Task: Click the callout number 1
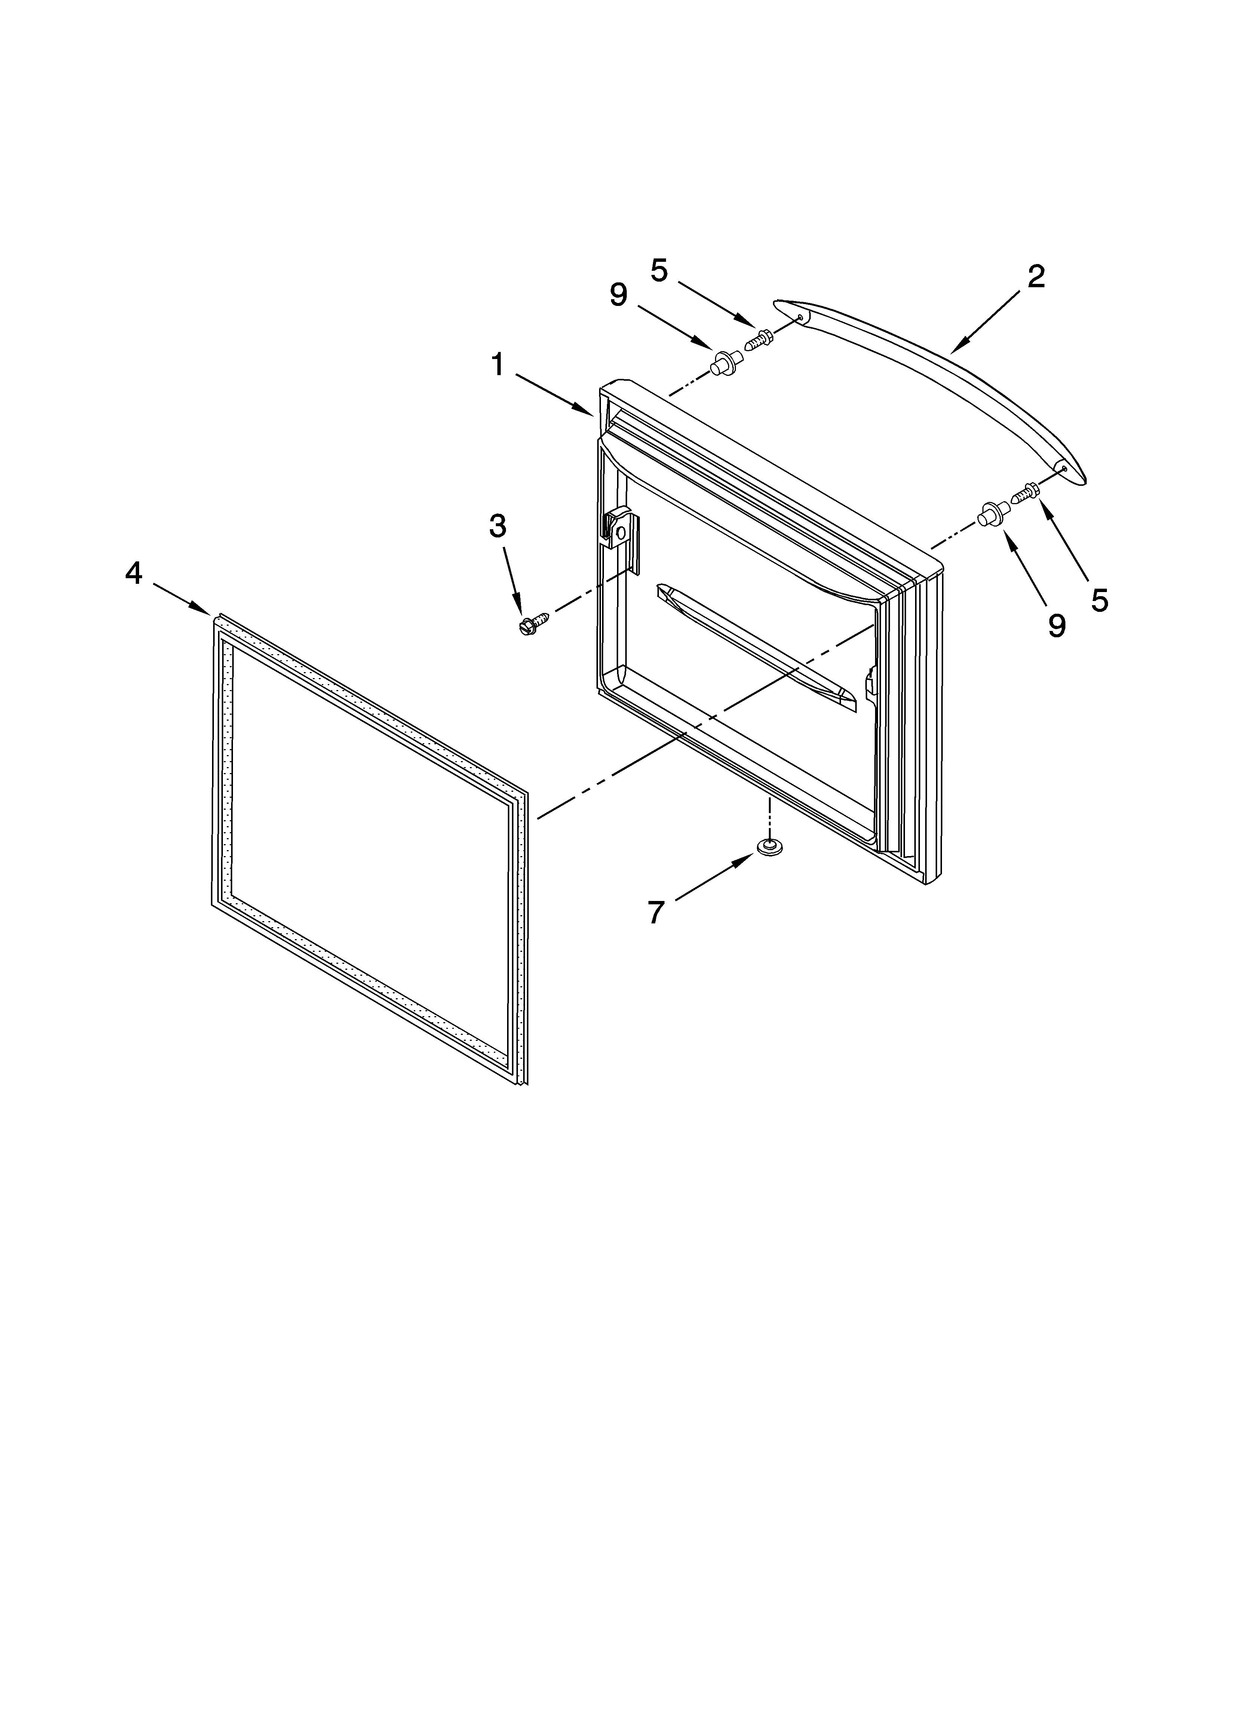point(497,365)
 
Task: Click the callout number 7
point(656,912)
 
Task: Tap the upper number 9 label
point(619,295)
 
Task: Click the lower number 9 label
point(1056,626)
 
